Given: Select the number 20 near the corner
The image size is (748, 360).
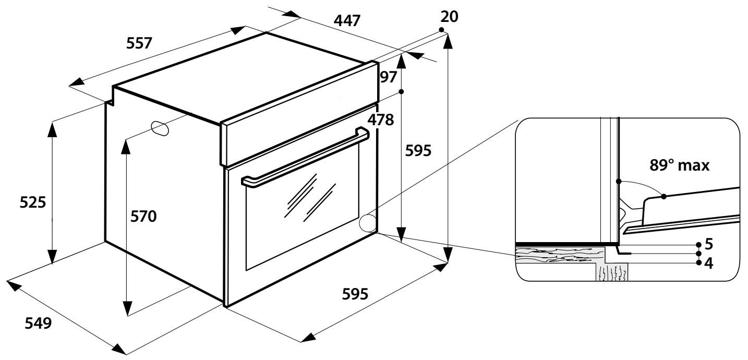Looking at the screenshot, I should [x=449, y=17].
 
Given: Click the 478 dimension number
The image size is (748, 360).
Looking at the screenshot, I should [x=381, y=120].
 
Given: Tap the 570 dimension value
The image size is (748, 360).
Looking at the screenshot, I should [x=143, y=215].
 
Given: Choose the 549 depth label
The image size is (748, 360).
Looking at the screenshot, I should [x=39, y=323].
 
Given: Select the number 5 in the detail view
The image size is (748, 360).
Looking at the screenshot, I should [x=708, y=244].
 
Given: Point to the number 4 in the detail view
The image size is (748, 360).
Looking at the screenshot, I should [x=708, y=263].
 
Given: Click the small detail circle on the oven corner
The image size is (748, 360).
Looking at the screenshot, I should [x=369, y=223].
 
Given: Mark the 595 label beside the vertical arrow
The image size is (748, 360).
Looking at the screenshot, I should [x=418, y=151].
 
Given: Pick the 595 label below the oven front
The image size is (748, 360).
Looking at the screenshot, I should [x=355, y=294].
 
